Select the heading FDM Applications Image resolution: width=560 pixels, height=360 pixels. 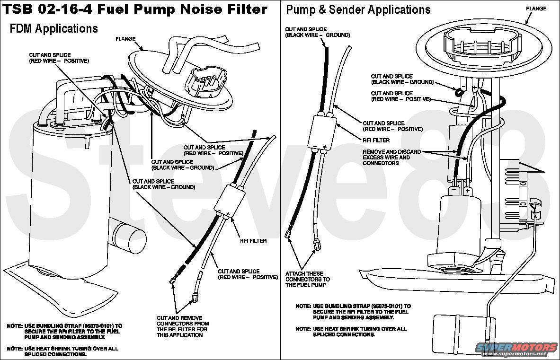[x=53, y=29]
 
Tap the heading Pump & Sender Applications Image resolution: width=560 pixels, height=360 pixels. [x=358, y=9]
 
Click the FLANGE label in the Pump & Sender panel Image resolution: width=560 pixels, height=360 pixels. [x=536, y=9]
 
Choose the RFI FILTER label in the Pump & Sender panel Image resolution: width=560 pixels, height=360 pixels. [x=376, y=140]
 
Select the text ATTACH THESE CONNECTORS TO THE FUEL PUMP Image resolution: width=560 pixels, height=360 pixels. [x=307, y=279]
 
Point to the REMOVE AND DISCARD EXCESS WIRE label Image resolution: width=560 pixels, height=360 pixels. [x=386, y=157]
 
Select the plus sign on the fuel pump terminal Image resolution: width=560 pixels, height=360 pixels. [x=467, y=190]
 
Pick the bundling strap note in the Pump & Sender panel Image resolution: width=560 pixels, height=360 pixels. [x=353, y=312]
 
